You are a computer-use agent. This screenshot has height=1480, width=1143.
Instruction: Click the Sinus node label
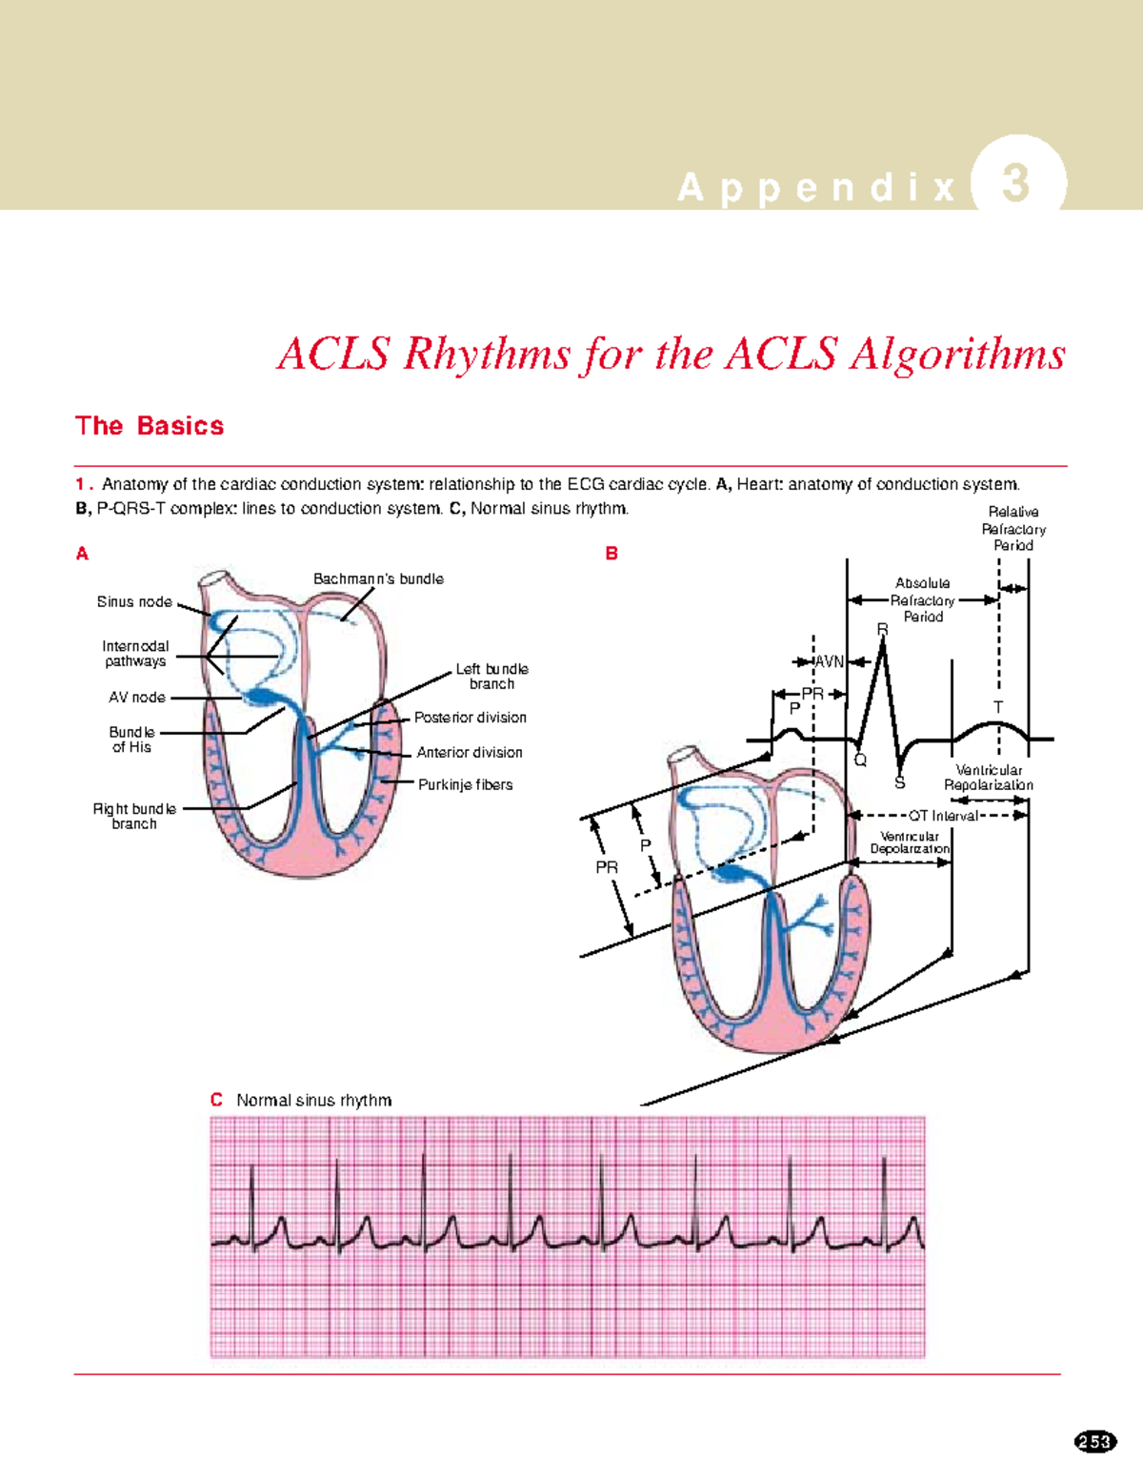coord(134,602)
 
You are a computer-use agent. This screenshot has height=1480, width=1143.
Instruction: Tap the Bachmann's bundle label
coord(378,579)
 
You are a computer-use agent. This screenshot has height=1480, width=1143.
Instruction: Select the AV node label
coord(137,698)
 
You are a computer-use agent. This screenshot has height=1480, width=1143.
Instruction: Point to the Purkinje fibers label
coord(465,785)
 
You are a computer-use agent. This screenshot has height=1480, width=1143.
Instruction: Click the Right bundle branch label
coord(134,817)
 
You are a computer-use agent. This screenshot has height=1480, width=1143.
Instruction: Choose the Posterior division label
coord(470,718)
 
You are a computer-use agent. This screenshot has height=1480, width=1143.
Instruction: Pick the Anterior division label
coord(469,753)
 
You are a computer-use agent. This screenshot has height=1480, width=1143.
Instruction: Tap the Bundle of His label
coord(131,740)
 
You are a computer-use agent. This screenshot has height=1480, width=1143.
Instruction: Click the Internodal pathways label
coord(135,654)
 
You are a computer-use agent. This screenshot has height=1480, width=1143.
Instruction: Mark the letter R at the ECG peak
coord(882,630)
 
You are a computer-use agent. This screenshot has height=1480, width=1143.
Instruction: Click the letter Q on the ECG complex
coord(860,760)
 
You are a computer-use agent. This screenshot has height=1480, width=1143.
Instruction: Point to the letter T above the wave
coord(998,707)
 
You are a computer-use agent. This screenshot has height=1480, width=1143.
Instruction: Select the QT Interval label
coord(942,816)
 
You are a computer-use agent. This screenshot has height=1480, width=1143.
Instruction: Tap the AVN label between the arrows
coord(829,662)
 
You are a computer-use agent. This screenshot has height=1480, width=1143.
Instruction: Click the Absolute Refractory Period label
coord(922,600)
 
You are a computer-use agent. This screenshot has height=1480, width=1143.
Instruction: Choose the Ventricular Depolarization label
coord(909,842)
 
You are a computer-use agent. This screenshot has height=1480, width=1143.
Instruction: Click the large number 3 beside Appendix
coord(1016,183)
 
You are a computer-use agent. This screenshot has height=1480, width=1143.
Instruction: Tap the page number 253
coord(1094,1442)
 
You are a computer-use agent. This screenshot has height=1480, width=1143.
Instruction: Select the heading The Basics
coord(150,426)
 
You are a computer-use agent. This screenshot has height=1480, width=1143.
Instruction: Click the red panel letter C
coord(216,1100)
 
